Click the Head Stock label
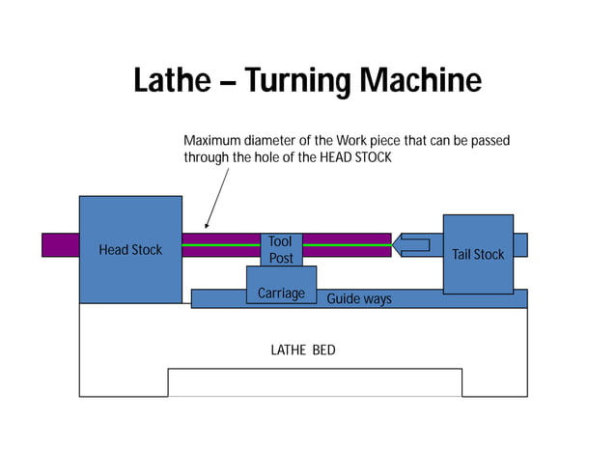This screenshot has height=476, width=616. [130, 250]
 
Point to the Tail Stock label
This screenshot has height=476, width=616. [478, 255]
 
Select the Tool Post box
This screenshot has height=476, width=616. [281, 249]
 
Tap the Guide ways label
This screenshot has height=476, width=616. [359, 299]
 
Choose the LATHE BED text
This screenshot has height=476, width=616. [303, 350]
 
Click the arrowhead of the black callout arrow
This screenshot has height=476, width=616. [206, 228]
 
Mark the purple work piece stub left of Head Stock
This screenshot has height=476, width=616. [60, 245]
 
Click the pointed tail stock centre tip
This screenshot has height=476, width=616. [396, 245]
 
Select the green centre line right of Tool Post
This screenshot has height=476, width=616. [347, 245]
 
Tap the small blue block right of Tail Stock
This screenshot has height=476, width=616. [520, 245]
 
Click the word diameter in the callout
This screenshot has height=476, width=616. [276, 141]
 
